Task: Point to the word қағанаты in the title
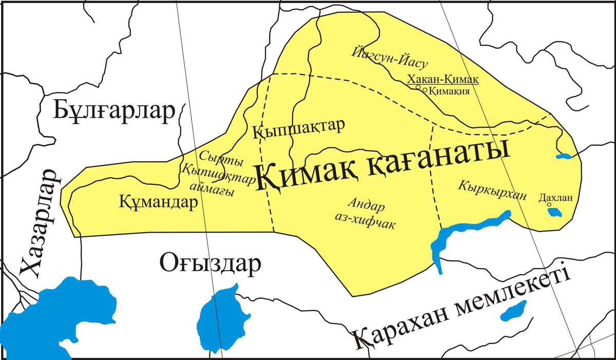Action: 436,157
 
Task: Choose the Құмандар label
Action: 159,202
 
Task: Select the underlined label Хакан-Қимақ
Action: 442,79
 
